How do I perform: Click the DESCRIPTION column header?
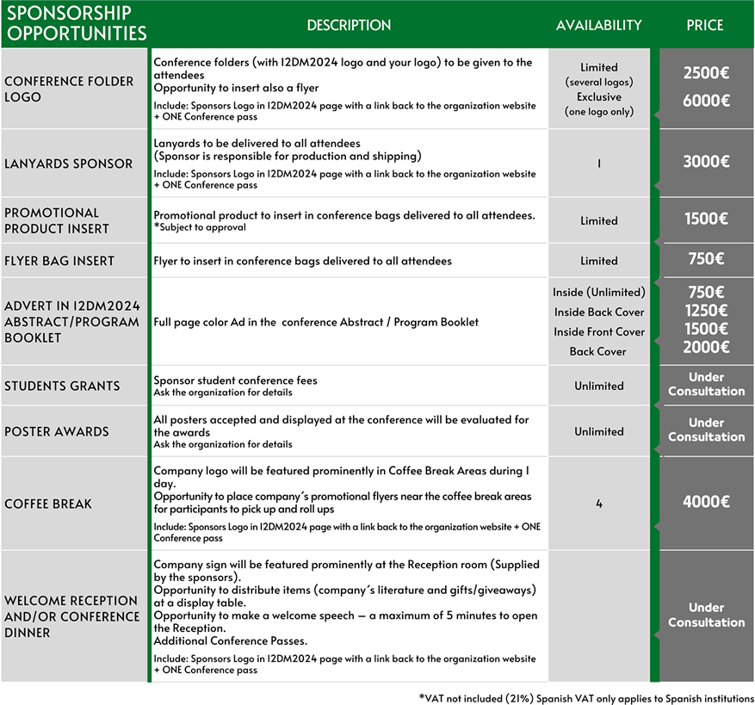(349, 25)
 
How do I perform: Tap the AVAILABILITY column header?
(598, 25)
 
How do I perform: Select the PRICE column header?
(704, 25)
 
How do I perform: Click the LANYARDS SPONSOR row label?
(69, 164)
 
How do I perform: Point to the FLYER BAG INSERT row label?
(59, 261)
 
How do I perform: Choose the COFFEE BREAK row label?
(48, 504)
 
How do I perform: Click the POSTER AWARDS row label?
(57, 431)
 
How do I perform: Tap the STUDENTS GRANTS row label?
(62, 386)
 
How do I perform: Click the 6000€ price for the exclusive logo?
(706, 100)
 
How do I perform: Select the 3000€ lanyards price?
(706, 162)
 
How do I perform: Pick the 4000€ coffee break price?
(706, 503)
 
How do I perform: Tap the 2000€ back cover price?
(706, 347)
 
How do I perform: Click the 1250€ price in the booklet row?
(706, 311)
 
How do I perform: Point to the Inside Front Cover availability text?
(599, 331)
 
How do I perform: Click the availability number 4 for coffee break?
(599, 504)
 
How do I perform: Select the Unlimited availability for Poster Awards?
(599, 431)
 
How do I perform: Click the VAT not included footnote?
(586, 696)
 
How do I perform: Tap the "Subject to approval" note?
(200, 227)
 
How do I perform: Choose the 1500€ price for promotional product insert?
(706, 220)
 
